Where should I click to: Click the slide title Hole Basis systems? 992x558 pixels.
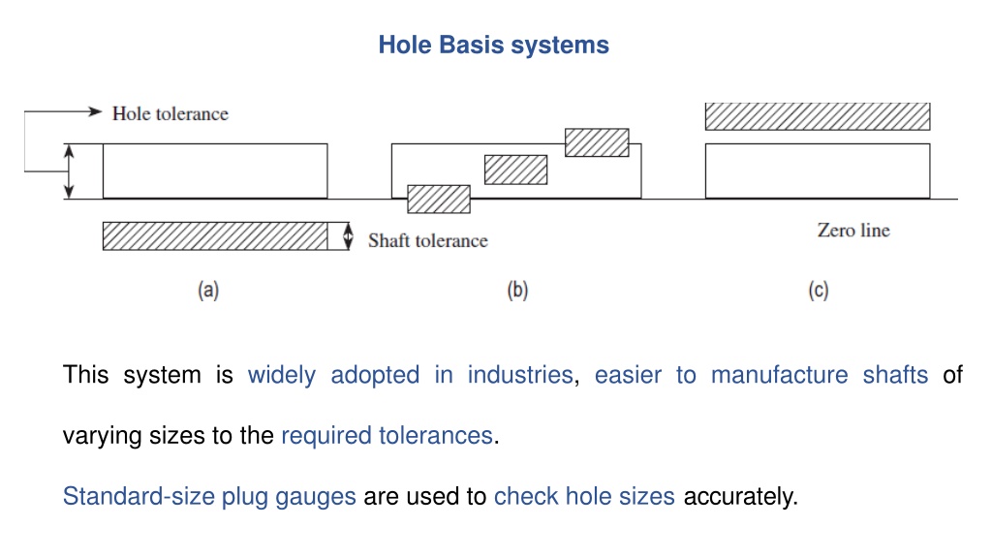493,45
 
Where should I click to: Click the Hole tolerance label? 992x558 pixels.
170,114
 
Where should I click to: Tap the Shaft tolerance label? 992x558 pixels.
427,240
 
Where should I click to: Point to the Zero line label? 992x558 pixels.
853,230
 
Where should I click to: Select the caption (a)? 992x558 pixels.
208,290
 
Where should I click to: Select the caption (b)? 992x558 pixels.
517,290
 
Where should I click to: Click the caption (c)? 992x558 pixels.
818,290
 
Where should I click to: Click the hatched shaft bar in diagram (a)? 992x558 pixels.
215,236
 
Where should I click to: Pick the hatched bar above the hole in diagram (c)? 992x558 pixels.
818,116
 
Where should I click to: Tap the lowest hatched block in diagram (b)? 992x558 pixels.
439,199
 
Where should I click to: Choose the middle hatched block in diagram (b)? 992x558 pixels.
515,170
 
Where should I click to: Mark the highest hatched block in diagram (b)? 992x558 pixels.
597,142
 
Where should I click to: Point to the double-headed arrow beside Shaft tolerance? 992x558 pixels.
348,236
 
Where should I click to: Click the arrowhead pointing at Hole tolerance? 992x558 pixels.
95,111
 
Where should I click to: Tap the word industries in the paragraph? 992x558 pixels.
520,375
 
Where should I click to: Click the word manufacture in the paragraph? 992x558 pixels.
779,375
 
